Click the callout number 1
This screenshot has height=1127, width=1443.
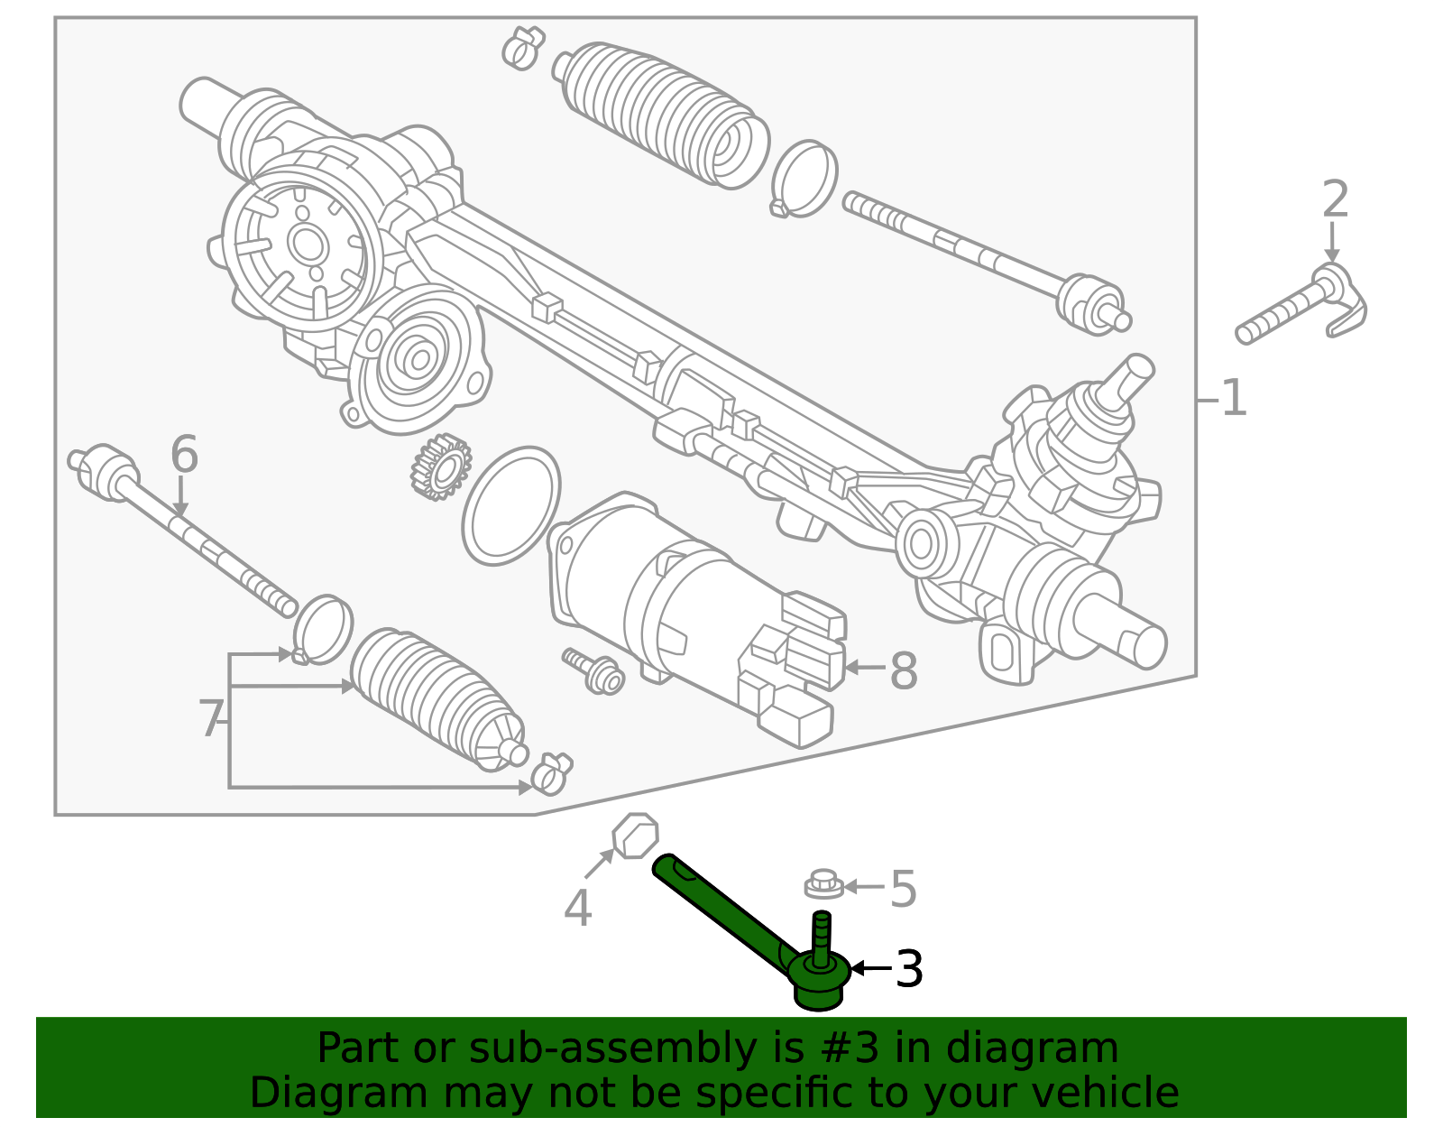click(x=1233, y=398)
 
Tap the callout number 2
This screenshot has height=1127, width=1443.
click(x=1335, y=199)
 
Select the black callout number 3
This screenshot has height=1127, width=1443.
click(x=908, y=969)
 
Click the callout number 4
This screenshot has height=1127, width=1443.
click(x=577, y=908)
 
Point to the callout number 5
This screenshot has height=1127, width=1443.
click(x=903, y=889)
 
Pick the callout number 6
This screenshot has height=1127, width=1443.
click(x=184, y=454)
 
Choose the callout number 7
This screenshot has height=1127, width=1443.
click(x=210, y=719)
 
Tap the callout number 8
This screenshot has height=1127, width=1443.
click(x=904, y=671)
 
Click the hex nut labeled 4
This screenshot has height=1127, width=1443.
click(x=636, y=836)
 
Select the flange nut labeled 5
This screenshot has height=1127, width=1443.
click(x=823, y=884)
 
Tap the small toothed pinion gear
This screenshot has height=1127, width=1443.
click(x=441, y=467)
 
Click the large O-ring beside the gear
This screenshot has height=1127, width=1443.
click(x=510, y=506)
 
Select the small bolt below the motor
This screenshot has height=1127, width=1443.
click(x=595, y=671)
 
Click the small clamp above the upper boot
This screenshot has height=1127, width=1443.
click(x=523, y=47)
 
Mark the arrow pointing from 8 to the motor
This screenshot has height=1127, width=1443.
click(x=864, y=668)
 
